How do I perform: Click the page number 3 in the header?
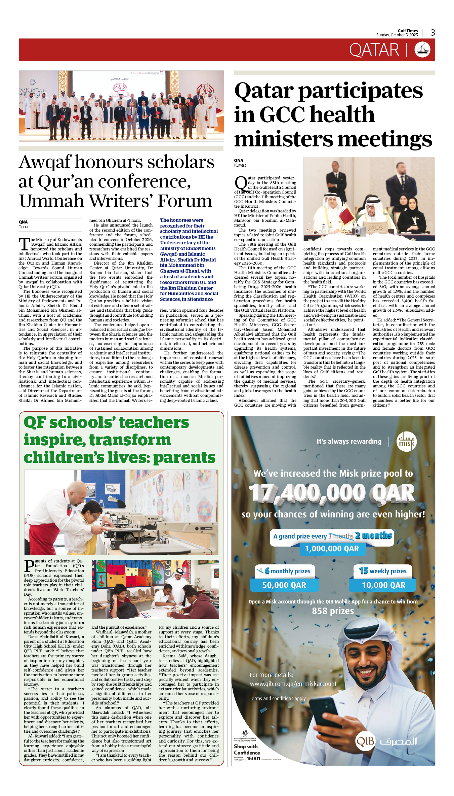[433, 33]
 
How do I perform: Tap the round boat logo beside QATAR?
[422, 50]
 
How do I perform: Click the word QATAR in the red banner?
[374, 50]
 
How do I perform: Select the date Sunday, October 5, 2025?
[397, 35]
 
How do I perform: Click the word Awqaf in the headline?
[45, 162]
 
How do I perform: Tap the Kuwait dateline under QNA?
[240, 165]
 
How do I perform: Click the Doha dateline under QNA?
[23, 227]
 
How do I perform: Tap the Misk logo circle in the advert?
[406, 442]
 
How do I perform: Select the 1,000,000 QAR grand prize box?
[332, 549]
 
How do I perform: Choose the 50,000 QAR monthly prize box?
[284, 585]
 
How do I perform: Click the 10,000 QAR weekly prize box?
[383, 585]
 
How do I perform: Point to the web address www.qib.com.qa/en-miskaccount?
[293, 684]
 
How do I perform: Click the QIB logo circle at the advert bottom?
[365, 741]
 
